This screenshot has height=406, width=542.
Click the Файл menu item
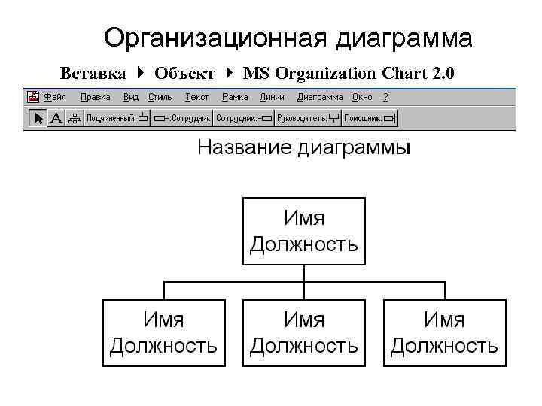point(54,97)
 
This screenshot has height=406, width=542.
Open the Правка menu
point(95,97)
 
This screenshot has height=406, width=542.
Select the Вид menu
point(131,97)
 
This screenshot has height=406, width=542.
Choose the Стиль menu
point(160,97)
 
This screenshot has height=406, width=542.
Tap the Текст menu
point(196,97)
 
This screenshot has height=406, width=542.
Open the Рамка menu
point(236,97)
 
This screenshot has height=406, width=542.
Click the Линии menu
point(272,97)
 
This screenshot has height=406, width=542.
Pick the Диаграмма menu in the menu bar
point(319,97)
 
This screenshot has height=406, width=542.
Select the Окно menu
point(361,97)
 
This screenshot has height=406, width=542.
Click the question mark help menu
point(385,97)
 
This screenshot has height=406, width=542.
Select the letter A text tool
point(56,118)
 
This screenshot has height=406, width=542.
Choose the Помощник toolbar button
point(369,118)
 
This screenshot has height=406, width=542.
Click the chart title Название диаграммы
point(304,147)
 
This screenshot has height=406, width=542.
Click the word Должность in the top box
point(304,244)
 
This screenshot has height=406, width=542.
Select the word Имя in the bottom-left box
point(164,320)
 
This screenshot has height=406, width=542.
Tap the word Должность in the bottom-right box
point(444,346)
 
